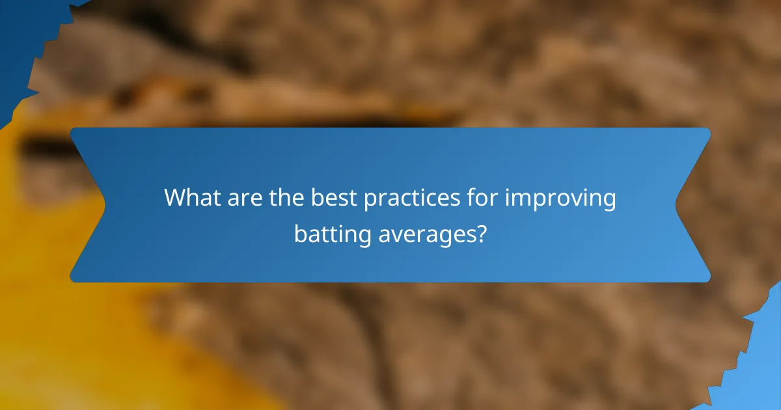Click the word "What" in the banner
point(191,198)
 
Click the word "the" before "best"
point(287,198)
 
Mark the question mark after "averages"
point(480,233)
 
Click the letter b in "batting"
point(299,233)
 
